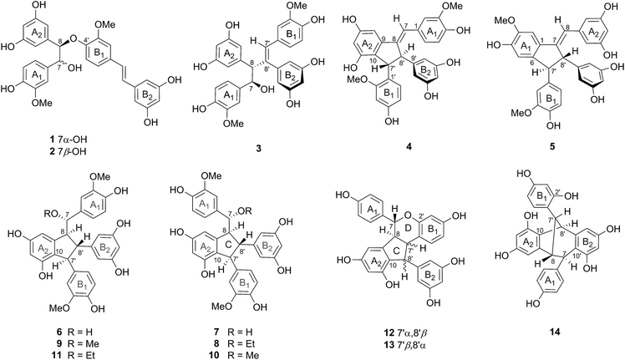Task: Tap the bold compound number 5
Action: (x=552, y=147)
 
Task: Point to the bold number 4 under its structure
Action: (x=408, y=147)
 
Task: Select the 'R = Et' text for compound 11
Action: (x=81, y=355)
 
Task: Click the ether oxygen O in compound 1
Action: (x=73, y=39)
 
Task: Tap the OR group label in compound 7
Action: (x=244, y=210)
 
